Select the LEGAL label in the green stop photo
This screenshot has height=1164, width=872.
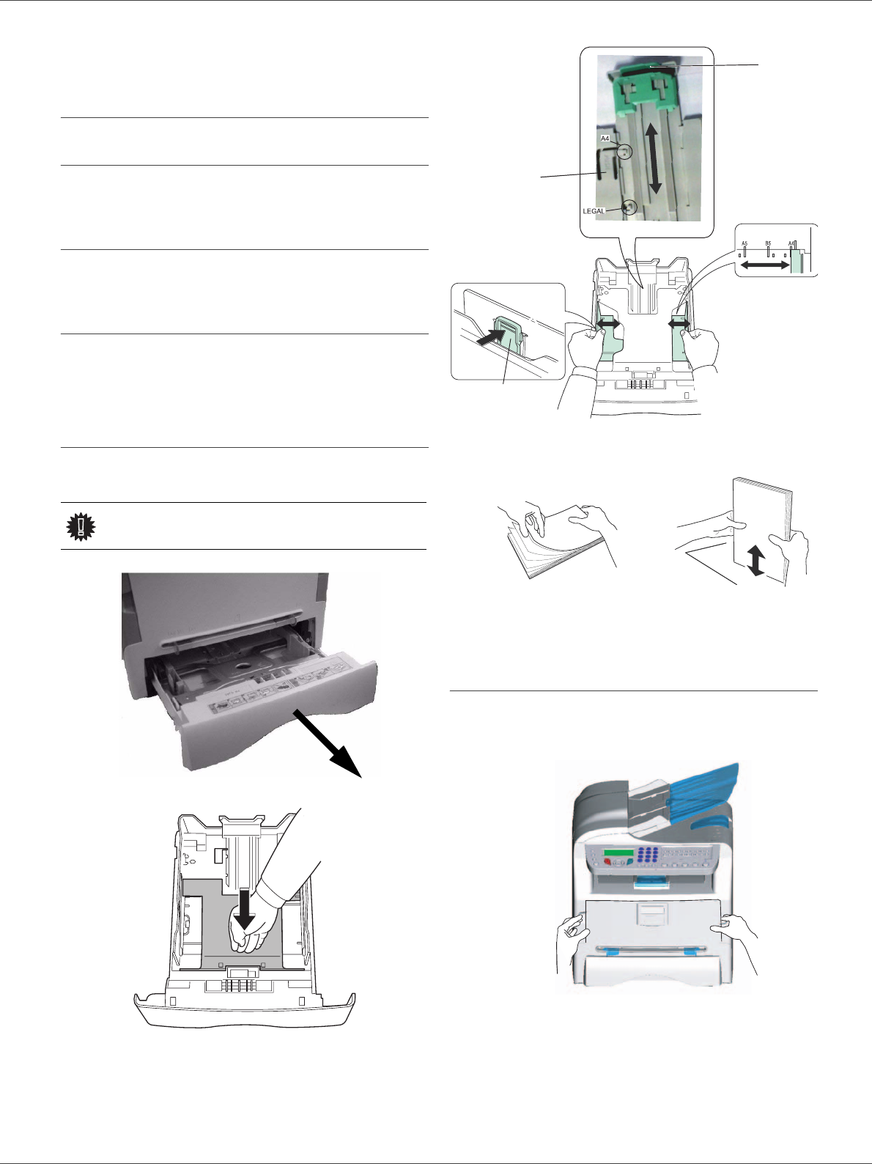[594, 211]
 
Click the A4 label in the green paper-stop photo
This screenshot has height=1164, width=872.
[605, 139]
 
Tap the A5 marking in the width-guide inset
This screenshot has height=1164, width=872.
[744, 243]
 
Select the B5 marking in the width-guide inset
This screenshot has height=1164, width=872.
[768, 243]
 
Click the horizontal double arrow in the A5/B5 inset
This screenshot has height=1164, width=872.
[764, 266]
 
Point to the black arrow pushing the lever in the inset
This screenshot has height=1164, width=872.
[491, 338]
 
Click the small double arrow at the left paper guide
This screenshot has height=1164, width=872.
[607, 323]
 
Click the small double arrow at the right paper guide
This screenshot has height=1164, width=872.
[679, 323]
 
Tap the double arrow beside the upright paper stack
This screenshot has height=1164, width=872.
[756, 561]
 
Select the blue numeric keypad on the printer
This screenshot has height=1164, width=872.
[647, 857]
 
